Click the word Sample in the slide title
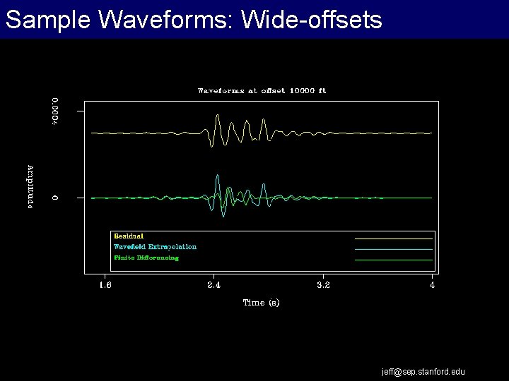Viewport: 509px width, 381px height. tap(47, 20)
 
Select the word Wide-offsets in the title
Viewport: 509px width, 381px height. tap(312, 20)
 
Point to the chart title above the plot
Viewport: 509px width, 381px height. tap(262, 90)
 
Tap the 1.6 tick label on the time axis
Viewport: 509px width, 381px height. tap(105, 285)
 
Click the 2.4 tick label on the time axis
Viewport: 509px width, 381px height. tap(214, 285)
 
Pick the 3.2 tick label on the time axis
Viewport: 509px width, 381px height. tap(323, 285)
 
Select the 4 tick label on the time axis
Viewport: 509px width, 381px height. tap(432, 285)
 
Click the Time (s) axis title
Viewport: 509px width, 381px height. tap(261, 303)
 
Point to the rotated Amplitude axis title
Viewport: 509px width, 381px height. tap(30, 186)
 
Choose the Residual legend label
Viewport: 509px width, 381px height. tap(129, 236)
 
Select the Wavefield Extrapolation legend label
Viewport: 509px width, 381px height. tap(155, 247)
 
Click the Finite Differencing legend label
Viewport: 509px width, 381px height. tap(146, 258)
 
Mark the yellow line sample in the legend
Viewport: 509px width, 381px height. tap(393, 238)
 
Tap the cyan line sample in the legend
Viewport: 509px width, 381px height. tap(393, 249)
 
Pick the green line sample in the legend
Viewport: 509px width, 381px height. tap(393, 260)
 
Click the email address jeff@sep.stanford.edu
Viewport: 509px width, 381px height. tap(423, 371)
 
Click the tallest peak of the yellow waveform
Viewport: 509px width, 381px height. tap(218, 115)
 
